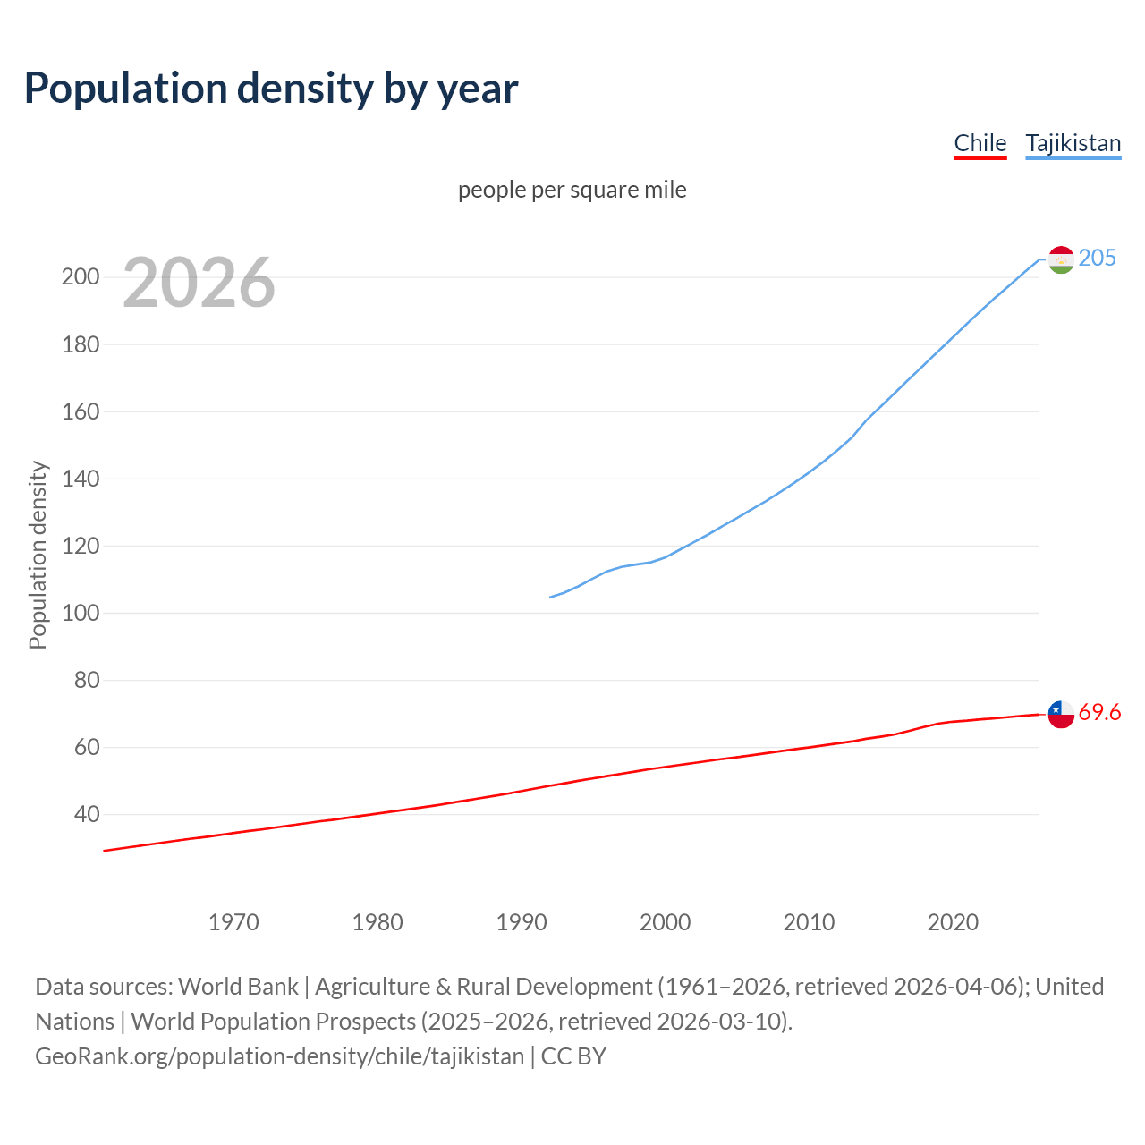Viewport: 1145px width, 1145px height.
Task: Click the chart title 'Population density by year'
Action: pos(271,89)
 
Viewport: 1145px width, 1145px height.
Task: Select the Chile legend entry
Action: pos(980,143)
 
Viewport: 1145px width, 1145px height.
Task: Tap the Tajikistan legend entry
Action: pos(1073,143)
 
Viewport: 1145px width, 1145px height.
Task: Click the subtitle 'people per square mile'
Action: pos(572,190)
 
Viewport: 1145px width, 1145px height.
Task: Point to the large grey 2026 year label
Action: pos(199,283)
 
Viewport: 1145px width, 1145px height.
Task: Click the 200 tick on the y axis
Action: pos(80,276)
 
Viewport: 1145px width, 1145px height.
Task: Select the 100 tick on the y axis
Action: pos(80,613)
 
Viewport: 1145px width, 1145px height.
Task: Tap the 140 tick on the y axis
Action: pos(80,479)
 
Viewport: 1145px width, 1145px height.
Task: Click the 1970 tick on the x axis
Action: pos(233,922)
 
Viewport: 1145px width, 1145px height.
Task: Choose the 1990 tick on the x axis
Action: pos(522,922)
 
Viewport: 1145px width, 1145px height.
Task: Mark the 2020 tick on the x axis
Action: pos(953,922)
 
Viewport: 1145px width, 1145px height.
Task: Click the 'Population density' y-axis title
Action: pos(38,555)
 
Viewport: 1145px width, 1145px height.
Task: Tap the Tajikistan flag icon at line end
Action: pos(1061,259)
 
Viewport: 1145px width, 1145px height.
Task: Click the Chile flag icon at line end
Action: pos(1061,714)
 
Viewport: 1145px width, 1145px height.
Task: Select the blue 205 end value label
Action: pos(1097,258)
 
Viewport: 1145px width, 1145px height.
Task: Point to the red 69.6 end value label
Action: pos(1099,712)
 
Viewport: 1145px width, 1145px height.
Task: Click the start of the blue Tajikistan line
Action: pos(551,597)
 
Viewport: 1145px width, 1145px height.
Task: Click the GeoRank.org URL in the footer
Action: pos(279,1056)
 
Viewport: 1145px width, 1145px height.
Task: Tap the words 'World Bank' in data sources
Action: pos(238,986)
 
